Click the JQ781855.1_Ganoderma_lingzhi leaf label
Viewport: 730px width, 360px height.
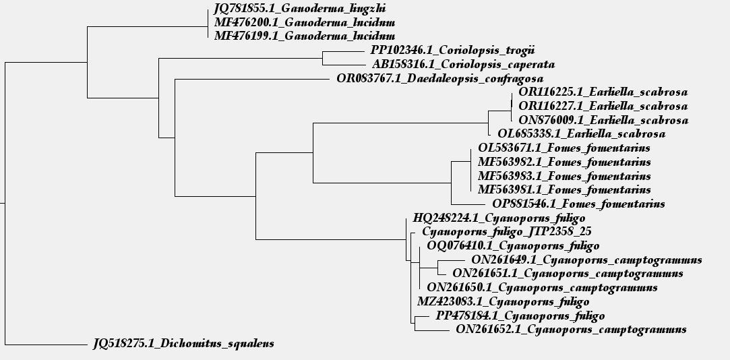coord(300,8)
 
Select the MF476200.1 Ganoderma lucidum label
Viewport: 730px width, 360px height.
coord(305,22)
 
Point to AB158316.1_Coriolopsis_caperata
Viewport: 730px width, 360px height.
coord(463,64)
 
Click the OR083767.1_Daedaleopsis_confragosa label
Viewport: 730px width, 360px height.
coord(440,78)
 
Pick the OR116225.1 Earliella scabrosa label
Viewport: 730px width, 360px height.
coord(603,92)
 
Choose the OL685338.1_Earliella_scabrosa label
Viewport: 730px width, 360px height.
coord(582,134)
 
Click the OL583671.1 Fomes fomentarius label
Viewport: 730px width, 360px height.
coord(564,148)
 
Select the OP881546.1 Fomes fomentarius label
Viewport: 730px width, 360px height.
coord(578,204)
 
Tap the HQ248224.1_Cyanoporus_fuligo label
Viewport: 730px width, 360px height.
coord(499,218)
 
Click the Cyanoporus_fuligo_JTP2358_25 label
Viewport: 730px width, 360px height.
coord(507,231)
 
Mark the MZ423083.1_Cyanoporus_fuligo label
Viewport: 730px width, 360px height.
coord(504,301)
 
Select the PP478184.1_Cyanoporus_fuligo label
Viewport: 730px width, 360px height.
coord(520,316)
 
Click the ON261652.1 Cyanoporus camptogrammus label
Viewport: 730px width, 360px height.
coord(571,330)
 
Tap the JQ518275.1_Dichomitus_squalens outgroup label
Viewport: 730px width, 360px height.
coord(183,344)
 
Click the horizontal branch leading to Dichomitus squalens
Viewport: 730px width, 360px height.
coord(46,345)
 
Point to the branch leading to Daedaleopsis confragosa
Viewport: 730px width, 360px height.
coord(252,79)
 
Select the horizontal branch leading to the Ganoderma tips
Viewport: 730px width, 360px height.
coord(147,26)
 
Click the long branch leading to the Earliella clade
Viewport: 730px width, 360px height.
coord(400,123)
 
